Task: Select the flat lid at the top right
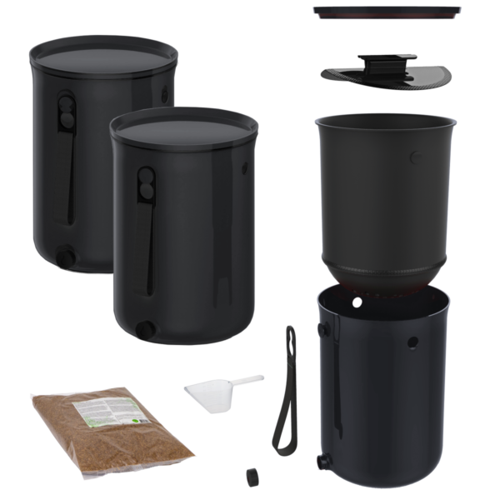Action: pos(386,11)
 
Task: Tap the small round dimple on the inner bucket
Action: pos(414,156)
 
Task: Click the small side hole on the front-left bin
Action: pos(244,167)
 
